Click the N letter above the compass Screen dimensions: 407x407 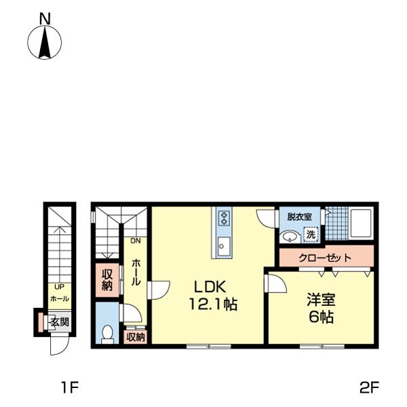45,19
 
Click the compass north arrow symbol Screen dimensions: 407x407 45,42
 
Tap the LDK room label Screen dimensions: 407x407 210,287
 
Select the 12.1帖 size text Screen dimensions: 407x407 213,304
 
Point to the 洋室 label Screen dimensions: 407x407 321,300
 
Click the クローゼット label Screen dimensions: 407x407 325,258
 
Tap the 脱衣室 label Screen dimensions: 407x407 300,216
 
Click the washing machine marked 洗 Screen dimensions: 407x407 311,235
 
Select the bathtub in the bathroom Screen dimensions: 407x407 362,223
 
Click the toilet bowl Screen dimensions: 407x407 107,334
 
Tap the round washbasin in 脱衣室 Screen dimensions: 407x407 290,237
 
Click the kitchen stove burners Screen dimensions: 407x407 224,218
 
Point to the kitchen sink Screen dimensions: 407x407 224,246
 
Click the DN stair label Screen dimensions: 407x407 136,241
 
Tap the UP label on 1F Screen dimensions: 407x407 60,287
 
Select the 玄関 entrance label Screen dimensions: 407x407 60,322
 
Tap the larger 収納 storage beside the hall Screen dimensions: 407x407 107,280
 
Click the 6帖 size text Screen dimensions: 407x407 321,317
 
